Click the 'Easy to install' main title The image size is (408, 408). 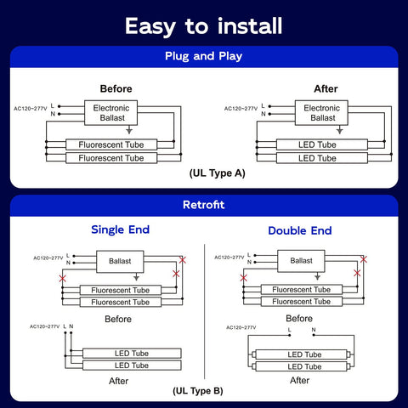[x=203, y=26]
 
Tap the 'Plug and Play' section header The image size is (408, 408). [x=203, y=56]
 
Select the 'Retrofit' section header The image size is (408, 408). [x=204, y=205]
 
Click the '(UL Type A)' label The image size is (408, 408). [x=218, y=173]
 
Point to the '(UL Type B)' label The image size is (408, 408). [x=198, y=391]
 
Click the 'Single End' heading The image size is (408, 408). [x=121, y=229]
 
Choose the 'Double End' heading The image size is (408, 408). [x=300, y=230]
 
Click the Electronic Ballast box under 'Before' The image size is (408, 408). [x=111, y=113]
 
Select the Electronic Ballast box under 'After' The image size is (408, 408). [x=321, y=113]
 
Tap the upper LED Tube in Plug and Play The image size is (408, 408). [x=322, y=144]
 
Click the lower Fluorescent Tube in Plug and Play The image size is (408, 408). [x=111, y=158]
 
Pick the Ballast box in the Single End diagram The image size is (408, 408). [x=120, y=262]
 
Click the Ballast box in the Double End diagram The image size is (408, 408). [x=301, y=261]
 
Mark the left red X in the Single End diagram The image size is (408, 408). [x=63, y=278]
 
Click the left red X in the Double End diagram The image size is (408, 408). [x=243, y=278]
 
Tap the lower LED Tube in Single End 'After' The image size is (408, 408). [x=132, y=365]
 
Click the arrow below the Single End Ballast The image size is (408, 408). [x=136, y=276]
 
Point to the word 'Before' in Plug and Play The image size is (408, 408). [x=116, y=88]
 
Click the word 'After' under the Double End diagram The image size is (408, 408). [x=299, y=380]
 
